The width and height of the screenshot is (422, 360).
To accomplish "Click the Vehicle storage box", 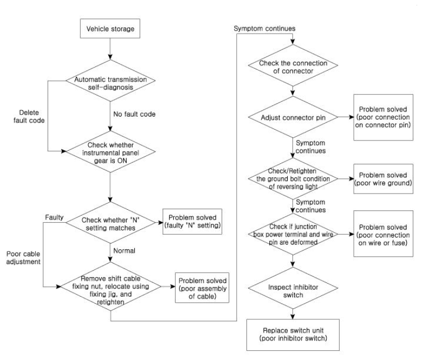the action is click(x=110, y=29).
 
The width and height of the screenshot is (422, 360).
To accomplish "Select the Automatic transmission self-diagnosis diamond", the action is click(x=111, y=80).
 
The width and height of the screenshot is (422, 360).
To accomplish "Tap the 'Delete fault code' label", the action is click(x=29, y=117).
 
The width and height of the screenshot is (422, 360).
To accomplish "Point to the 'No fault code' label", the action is click(x=134, y=114).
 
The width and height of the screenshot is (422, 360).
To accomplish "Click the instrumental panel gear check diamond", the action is click(x=111, y=152).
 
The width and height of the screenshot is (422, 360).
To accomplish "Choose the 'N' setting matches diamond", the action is click(x=111, y=223).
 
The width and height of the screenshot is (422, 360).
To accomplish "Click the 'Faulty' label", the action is click(x=54, y=217).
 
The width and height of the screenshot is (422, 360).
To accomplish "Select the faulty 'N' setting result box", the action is click(x=192, y=222).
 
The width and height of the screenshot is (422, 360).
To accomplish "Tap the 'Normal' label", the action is click(x=125, y=250).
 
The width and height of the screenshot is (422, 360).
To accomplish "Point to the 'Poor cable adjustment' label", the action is click(x=23, y=258).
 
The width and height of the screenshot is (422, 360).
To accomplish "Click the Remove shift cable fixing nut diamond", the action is click(x=111, y=286).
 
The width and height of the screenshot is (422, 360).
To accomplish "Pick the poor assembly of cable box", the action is click(x=202, y=288).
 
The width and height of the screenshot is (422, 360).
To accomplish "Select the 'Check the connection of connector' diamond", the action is click(x=293, y=65).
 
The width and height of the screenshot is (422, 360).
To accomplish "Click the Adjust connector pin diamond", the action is click(x=293, y=117).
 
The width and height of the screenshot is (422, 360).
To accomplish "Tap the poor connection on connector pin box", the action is click(x=383, y=118).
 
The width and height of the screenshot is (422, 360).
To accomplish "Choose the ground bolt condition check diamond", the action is click(x=293, y=178).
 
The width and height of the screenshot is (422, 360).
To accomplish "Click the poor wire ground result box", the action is click(x=383, y=179).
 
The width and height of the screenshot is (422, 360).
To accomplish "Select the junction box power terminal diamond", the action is click(x=293, y=234).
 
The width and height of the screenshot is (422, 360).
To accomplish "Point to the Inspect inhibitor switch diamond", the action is click(x=293, y=288).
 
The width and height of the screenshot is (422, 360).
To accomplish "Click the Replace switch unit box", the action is click(x=293, y=335).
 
